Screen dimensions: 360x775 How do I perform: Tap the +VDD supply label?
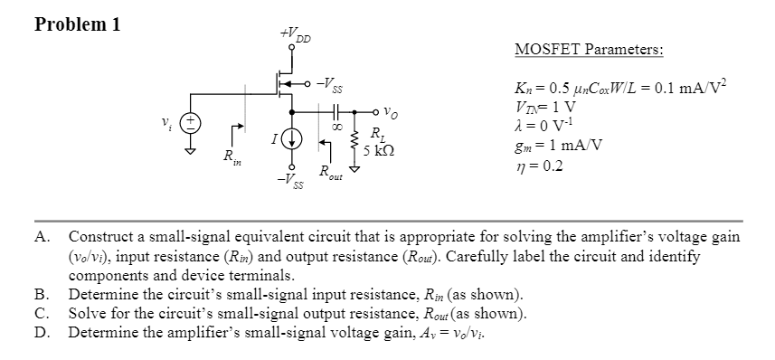[297, 36]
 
